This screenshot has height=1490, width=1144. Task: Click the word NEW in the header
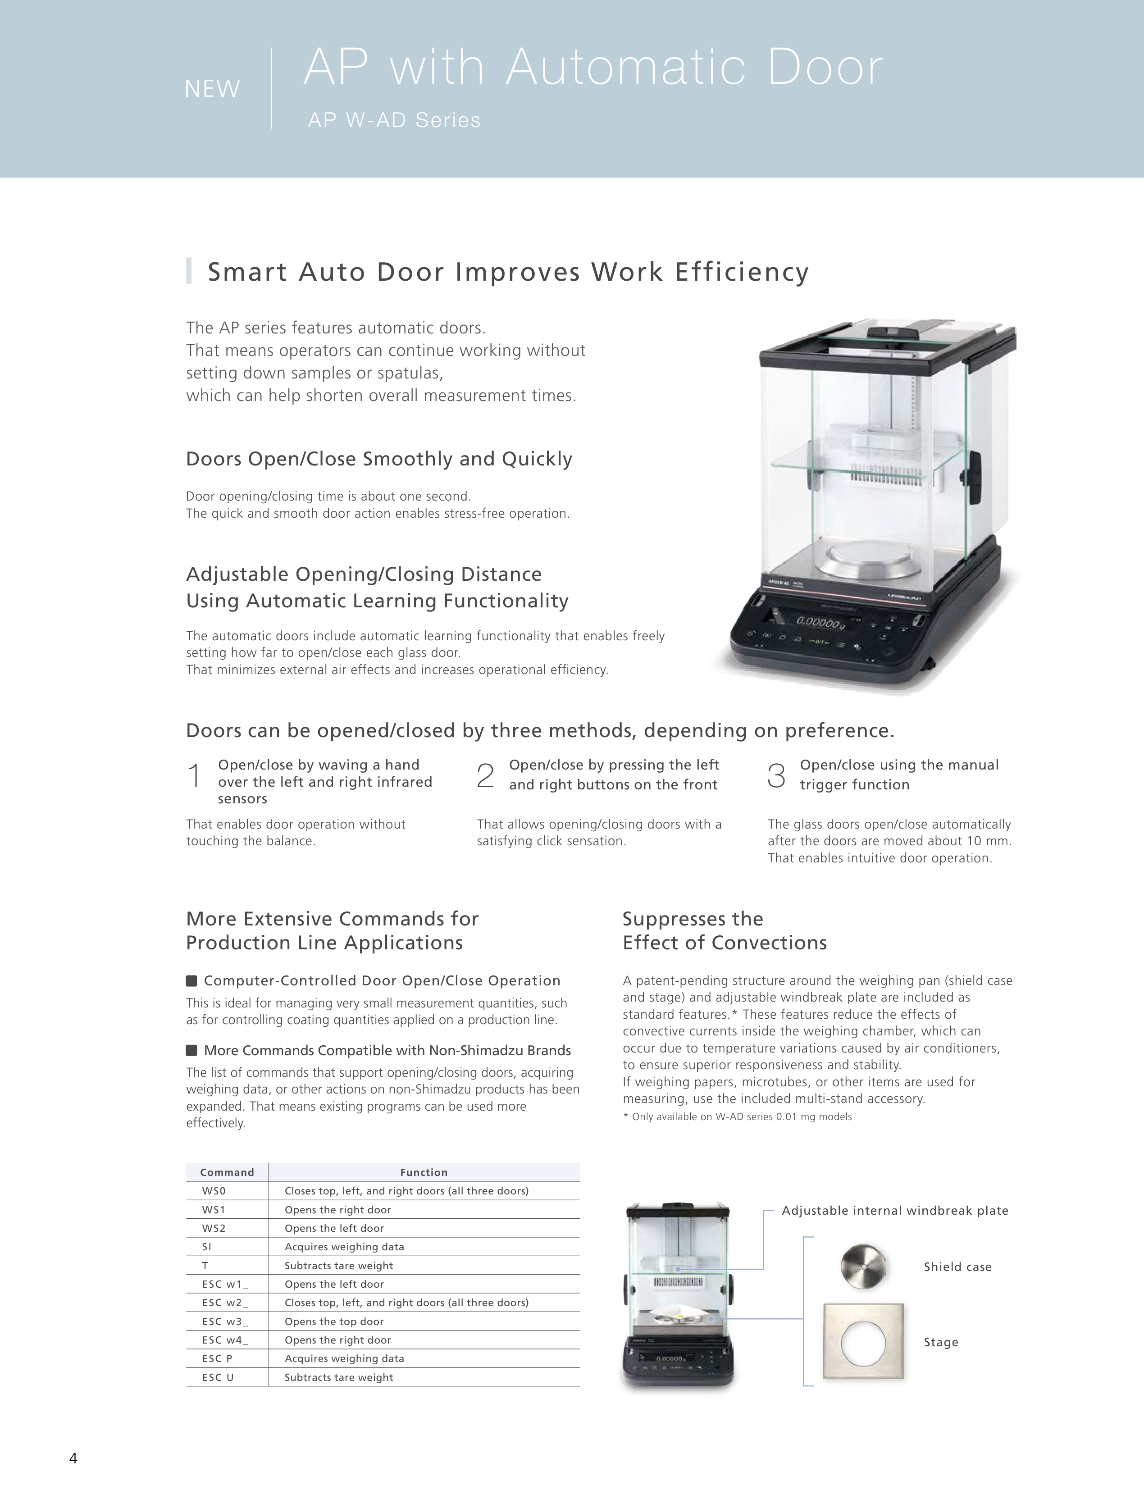tap(212, 89)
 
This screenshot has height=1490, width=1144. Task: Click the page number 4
tap(73, 1458)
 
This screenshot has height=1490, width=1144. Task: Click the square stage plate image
tap(863, 1342)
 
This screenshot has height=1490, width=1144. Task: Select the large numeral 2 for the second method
tap(485, 776)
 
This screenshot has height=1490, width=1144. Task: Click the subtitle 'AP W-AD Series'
tap(394, 121)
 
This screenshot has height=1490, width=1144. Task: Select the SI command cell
tap(207, 1247)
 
